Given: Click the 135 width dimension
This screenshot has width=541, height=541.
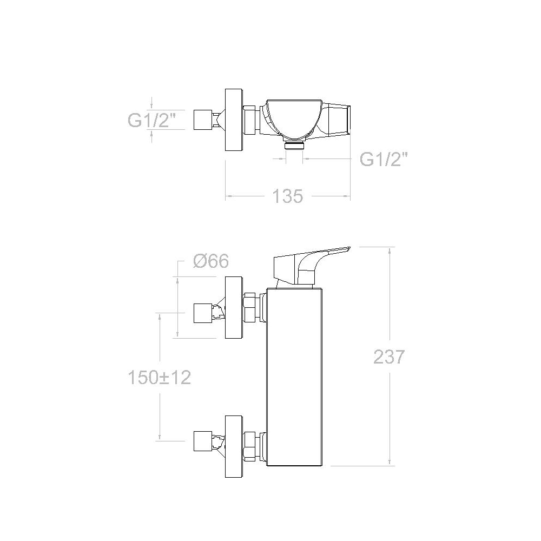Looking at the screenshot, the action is pyautogui.click(x=287, y=196).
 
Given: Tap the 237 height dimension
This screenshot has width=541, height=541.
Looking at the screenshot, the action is pyautogui.click(x=389, y=357).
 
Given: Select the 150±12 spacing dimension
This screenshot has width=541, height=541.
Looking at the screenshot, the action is pyautogui.click(x=160, y=378).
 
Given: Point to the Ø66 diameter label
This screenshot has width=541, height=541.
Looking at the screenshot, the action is pyautogui.click(x=211, y=261).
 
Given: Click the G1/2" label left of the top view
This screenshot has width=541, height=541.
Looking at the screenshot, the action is pyautogui.click(x=151, y=121).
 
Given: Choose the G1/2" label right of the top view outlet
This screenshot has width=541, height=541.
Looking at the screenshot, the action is pyautogui.click(x=384, y=159).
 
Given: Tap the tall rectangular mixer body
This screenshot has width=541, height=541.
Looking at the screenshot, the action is pyautogui.click(x=295, y=377).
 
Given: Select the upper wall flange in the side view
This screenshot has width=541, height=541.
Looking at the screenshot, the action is pyautogui.click(x=234, y=307).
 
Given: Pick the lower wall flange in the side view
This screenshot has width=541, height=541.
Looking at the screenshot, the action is pyautogui.click(x=234, y=446).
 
